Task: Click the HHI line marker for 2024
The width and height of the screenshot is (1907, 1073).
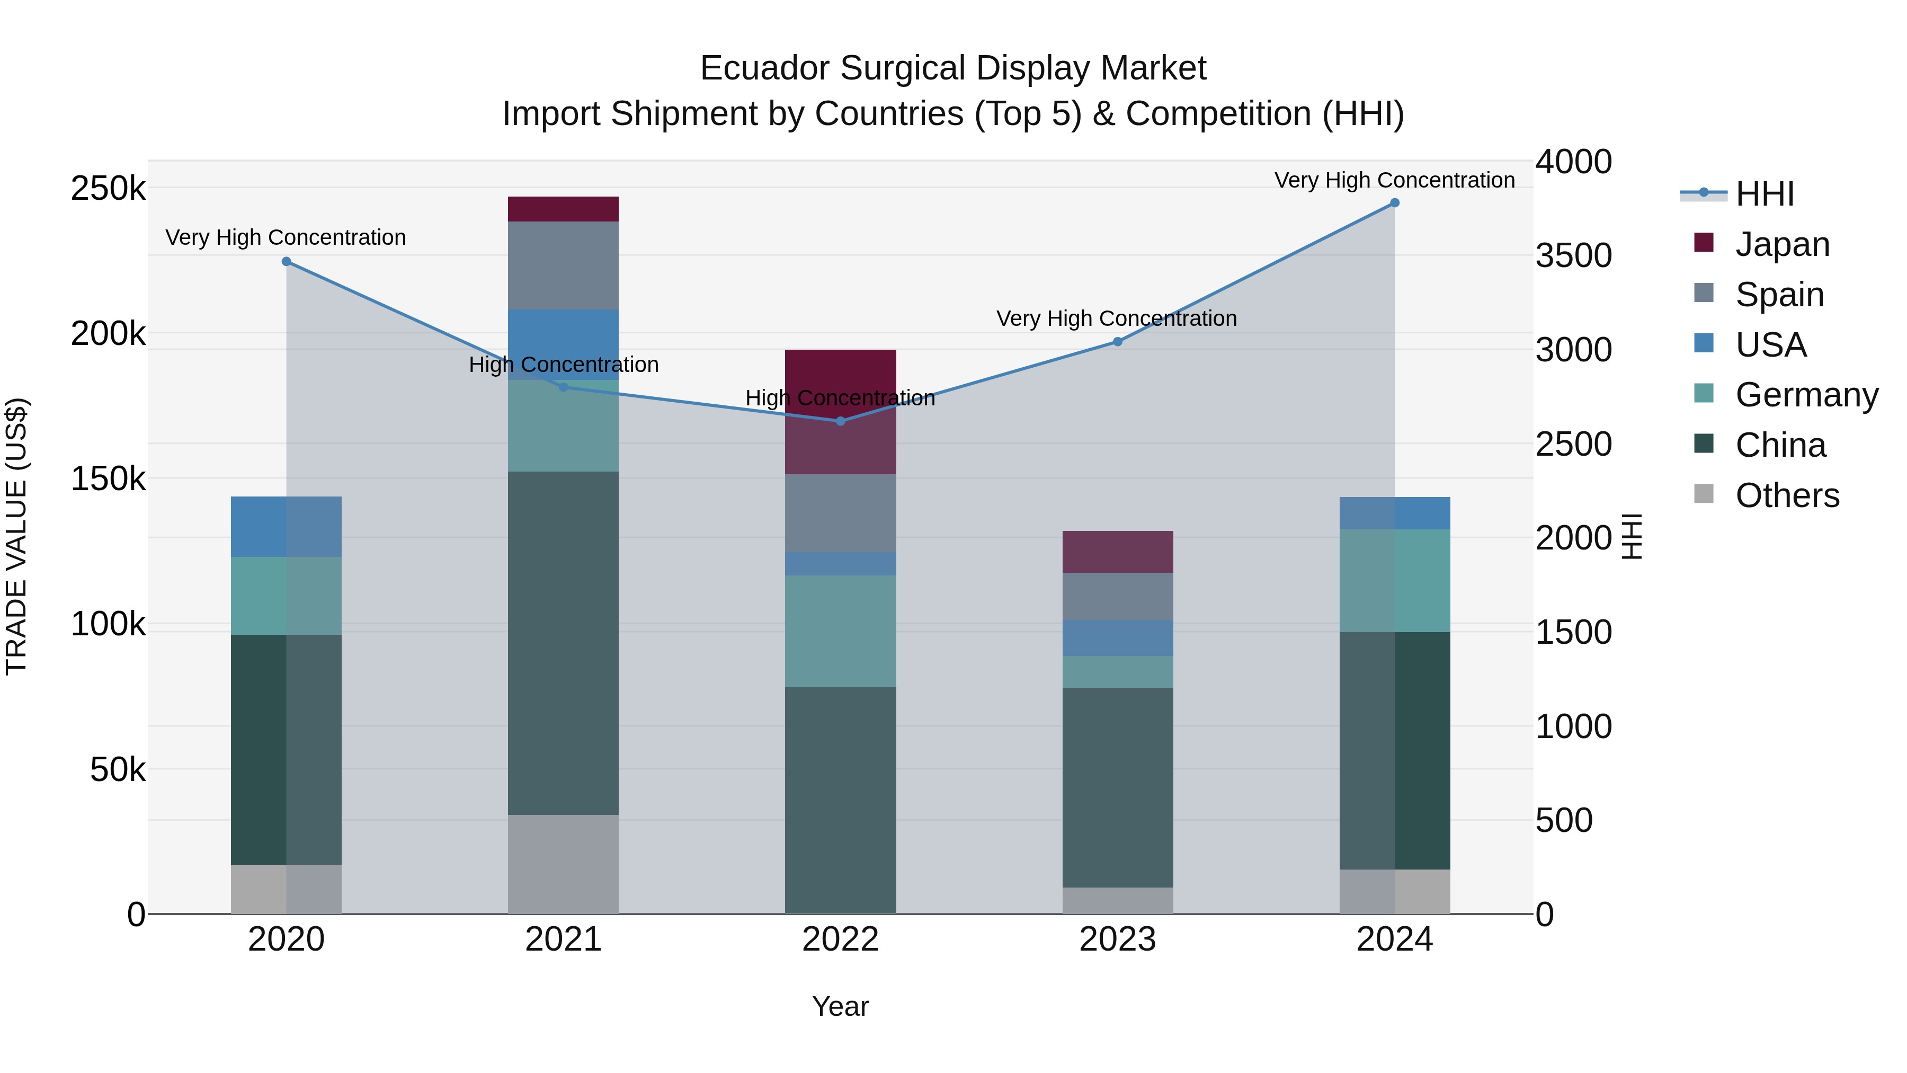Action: [x=1394, y=203]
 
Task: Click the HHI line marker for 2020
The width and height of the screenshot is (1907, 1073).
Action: [x=287, y=261]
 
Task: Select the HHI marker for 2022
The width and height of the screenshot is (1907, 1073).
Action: [x=840, y=421]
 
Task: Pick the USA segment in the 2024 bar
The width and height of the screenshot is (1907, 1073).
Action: [x=1394, y=513]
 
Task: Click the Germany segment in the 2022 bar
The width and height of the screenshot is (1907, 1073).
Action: [x=840, y=631]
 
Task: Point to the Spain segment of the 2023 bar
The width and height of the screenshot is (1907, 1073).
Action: [x=1117, y=596]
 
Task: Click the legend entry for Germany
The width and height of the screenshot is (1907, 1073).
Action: [x=1806, y=395]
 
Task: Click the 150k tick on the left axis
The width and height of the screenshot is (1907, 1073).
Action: [x=108, y=479]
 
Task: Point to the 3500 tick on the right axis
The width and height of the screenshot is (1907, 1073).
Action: [x=1573, y=255]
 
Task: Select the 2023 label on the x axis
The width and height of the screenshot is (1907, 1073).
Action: [x=1117, y=939]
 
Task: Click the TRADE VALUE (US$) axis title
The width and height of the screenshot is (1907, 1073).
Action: [x=16, y=536]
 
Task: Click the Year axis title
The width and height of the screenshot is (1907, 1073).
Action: [x=840, y=1006]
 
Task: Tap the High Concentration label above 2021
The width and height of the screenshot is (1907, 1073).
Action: [x=564, y=365]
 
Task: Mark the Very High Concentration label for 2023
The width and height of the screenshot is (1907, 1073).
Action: [x=1116, y=318]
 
